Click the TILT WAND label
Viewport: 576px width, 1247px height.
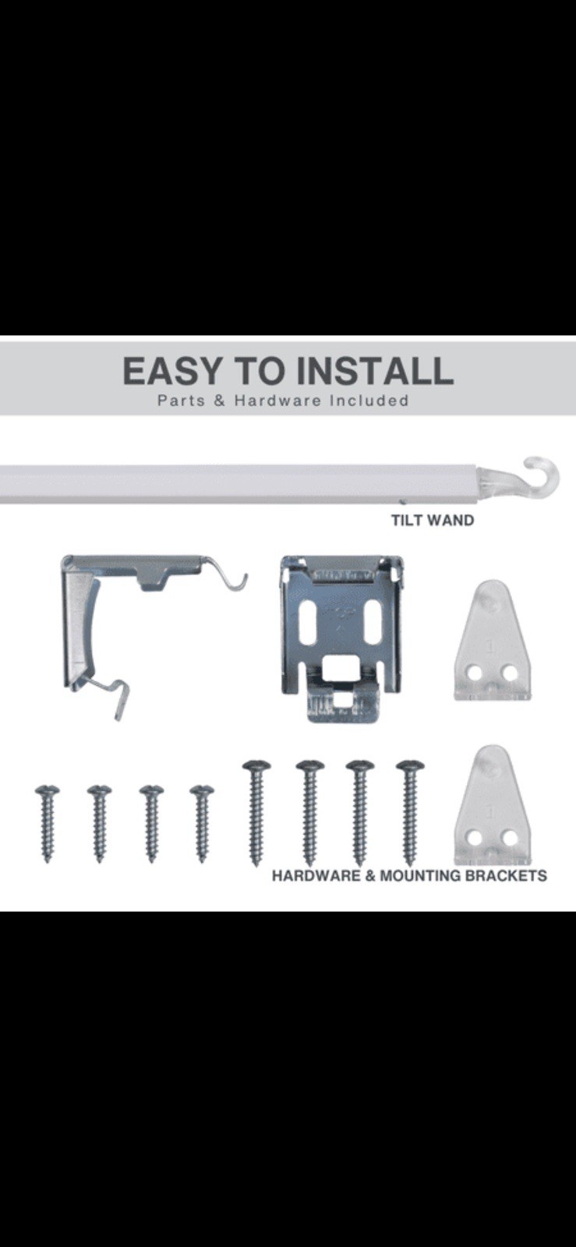click(x=433, y=520)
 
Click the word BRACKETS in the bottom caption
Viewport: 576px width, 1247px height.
click(x=506, y=876)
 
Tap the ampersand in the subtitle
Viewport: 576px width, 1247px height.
click(x=221, y=401)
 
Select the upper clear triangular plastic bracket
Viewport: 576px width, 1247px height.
click(x=490, y=640)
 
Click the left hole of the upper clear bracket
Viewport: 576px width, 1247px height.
click(x=474, y=673)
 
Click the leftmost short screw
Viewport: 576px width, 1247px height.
click(x=48, y=824)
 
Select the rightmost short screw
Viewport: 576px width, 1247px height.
click(x=202, y=824)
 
